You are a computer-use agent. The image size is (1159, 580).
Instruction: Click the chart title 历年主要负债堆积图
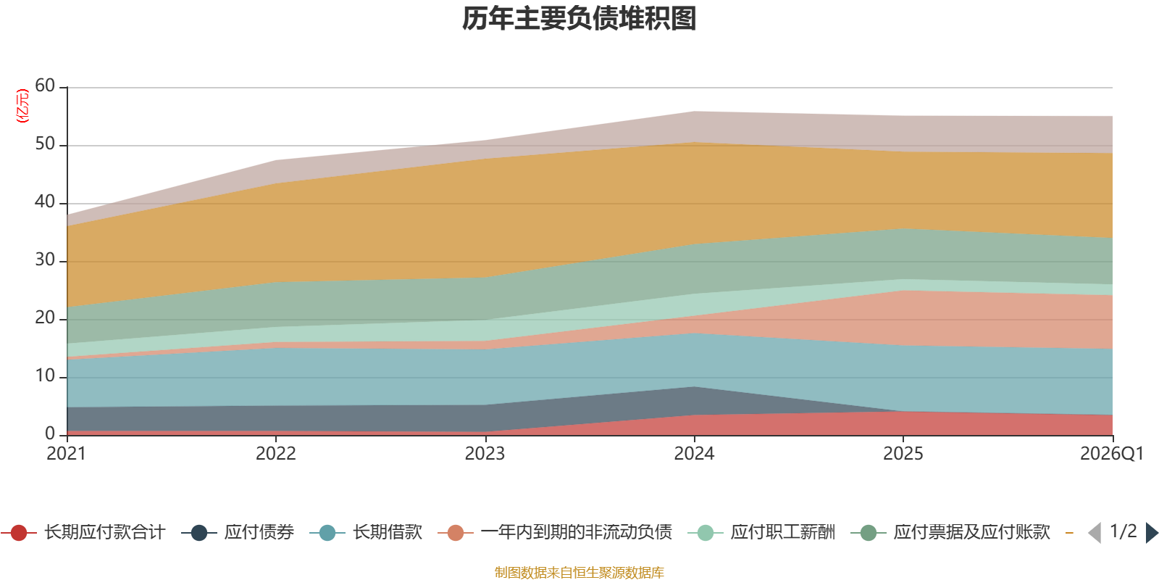pos(579,19)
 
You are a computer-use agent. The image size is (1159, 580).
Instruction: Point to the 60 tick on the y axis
pos(45,86)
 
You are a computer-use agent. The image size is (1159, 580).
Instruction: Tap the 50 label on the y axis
pos(45,144)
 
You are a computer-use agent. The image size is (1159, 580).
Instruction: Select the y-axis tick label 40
pos(45,202)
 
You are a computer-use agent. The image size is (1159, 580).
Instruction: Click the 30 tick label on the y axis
pos(45,260)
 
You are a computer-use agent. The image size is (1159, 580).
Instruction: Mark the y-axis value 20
pos(45,318)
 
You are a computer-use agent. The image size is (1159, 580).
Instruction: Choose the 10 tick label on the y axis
pos(45,376)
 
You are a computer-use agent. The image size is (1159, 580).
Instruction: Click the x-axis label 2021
pos(66,454)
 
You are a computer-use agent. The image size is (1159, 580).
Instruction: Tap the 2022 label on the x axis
pos(276,454)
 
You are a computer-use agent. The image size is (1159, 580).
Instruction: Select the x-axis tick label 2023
pos(485,454)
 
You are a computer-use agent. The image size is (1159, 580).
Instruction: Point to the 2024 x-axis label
pos(694,454)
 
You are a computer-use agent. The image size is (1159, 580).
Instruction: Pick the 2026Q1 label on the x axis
pos(1112,454)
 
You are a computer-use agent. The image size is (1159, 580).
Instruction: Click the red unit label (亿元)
pos(22,106)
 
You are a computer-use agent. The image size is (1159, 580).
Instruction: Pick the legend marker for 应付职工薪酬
pos(706,533)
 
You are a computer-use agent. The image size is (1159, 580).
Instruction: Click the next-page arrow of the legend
pos(1152,532)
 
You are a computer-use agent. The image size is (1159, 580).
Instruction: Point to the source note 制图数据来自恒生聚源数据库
pos(579,572)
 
